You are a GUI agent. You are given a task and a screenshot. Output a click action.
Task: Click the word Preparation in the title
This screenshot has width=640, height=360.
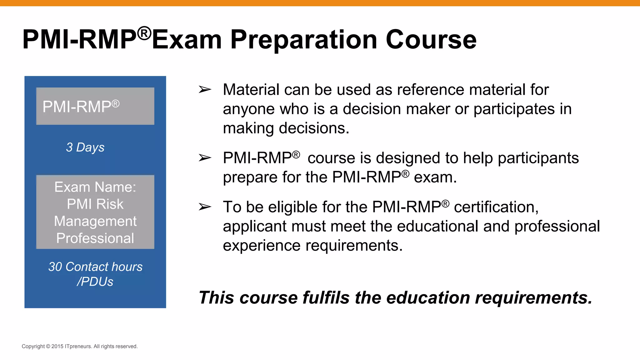tap(303, 40)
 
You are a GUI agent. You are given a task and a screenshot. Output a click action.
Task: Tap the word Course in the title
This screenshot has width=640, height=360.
tap(431, 40)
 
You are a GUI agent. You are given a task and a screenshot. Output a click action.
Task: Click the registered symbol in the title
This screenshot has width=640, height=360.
tap(144, 33)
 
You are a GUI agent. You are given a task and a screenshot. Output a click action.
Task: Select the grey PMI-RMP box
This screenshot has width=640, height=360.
tap(95, 106)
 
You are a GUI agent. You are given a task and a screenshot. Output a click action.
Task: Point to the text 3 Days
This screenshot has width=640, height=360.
tap(85, 147)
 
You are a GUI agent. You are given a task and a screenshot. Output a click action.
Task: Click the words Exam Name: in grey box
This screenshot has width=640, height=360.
tap(95, 187)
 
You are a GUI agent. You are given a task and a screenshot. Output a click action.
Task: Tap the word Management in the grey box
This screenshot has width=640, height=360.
tap(95, 221)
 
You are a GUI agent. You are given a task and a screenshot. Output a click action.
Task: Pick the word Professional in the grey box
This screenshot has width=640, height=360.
tap(95, 238)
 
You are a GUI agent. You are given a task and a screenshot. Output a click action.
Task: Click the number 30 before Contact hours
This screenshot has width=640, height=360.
tap(55, 267)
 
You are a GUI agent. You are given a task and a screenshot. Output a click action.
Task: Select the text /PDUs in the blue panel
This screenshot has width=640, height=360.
tap(95, 282)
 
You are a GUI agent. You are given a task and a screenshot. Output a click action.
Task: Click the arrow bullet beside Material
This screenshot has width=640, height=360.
tap(205, 90)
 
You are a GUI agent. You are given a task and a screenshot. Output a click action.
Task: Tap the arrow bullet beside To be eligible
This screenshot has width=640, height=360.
tap(205, 207)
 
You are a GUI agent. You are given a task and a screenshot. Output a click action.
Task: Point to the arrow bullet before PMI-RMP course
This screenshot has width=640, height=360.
tap(205, 158)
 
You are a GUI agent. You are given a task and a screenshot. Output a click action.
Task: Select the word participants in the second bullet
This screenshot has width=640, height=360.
tap(538, 158)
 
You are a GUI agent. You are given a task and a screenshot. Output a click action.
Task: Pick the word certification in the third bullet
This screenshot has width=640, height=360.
tap(496, 207)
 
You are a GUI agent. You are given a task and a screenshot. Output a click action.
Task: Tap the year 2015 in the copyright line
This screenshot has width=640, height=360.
tap(57, 346)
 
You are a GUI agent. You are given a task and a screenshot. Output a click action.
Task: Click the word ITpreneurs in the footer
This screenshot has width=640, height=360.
tap(78, 346)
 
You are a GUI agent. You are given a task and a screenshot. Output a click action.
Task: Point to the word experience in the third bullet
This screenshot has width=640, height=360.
tap(262, 246)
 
